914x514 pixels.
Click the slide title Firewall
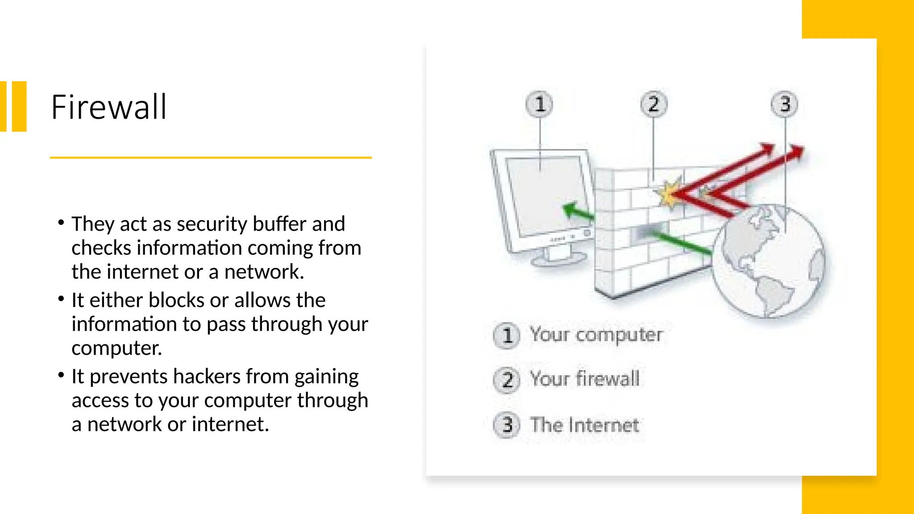pos(109,107)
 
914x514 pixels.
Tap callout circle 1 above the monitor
pos(540,104)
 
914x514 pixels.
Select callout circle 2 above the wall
pos(654,104)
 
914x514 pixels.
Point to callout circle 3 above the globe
pos(784,104)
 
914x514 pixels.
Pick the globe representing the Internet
pos(768,261)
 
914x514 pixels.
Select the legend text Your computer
pos(596,335)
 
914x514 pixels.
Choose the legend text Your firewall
pos(585,379)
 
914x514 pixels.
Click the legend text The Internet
pos(585,425)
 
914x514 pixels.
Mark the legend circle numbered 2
pos(507,380)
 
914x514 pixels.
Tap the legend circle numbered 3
pos(507,425)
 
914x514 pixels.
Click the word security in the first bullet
pos(212,224)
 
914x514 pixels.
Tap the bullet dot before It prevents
pos(61,375)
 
